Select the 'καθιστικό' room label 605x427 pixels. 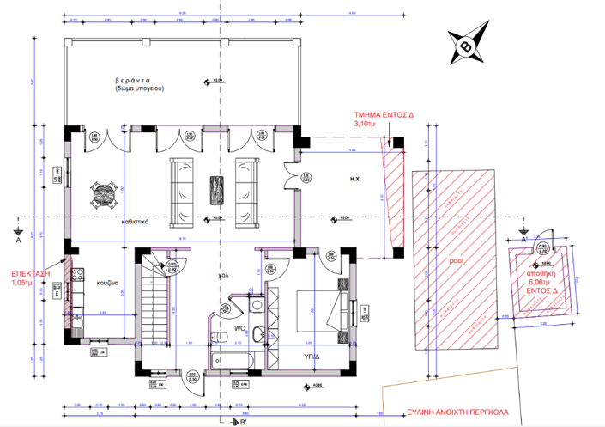click(135, 221)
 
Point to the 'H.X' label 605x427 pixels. click(353, 180)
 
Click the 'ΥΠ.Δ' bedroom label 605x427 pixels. click(312, 354)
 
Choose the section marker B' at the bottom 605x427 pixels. click(243, 421)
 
